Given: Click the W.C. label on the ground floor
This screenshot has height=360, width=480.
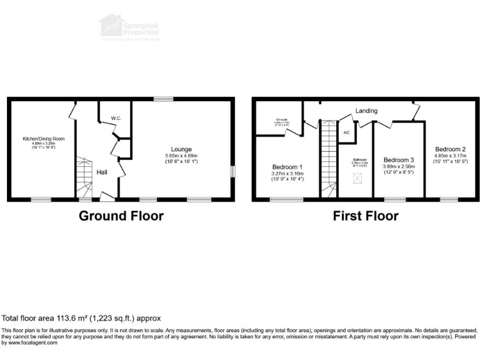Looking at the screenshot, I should coord(116,118).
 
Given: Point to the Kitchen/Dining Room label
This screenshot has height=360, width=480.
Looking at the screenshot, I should coord(44,138).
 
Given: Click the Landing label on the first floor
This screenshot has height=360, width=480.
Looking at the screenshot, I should coord(366,111).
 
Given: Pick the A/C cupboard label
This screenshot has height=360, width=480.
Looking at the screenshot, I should coord(347,132).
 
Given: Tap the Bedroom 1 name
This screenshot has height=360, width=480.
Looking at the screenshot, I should coord(287,167).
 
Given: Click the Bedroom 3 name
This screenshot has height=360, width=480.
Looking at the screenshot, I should coord(398,159).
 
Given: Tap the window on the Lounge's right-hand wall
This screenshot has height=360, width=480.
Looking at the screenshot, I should coord(233,171).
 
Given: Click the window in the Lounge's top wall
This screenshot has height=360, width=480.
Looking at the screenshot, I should coord(164,98).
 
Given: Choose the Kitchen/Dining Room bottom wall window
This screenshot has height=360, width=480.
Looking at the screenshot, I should coord(41,199).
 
